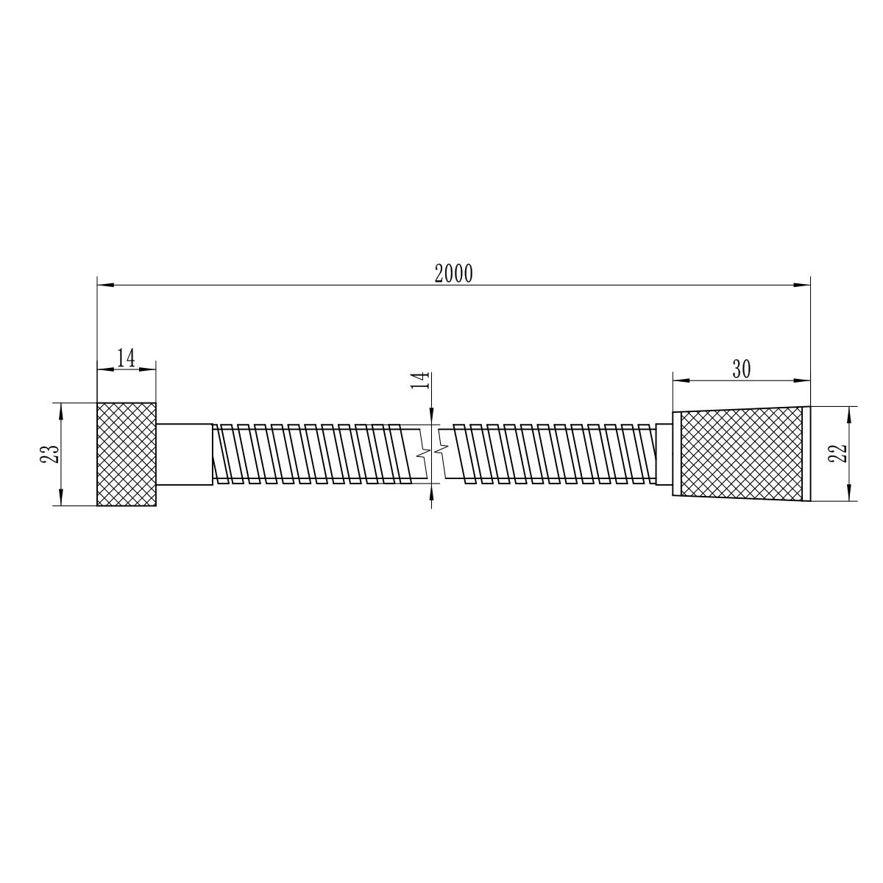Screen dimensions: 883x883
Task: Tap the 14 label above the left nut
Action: (x=126, y=358)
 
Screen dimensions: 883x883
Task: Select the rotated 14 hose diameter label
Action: (x=421, y=380)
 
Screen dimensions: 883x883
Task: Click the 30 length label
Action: (x=742, y=369)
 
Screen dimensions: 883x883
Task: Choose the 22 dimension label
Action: (x=837, y=454)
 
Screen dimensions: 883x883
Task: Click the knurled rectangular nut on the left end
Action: (x=127, y=454)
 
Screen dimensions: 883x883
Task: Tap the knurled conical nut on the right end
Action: (x=741, y=454)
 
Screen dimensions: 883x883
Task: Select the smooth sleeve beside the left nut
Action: (x=185, y=454)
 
